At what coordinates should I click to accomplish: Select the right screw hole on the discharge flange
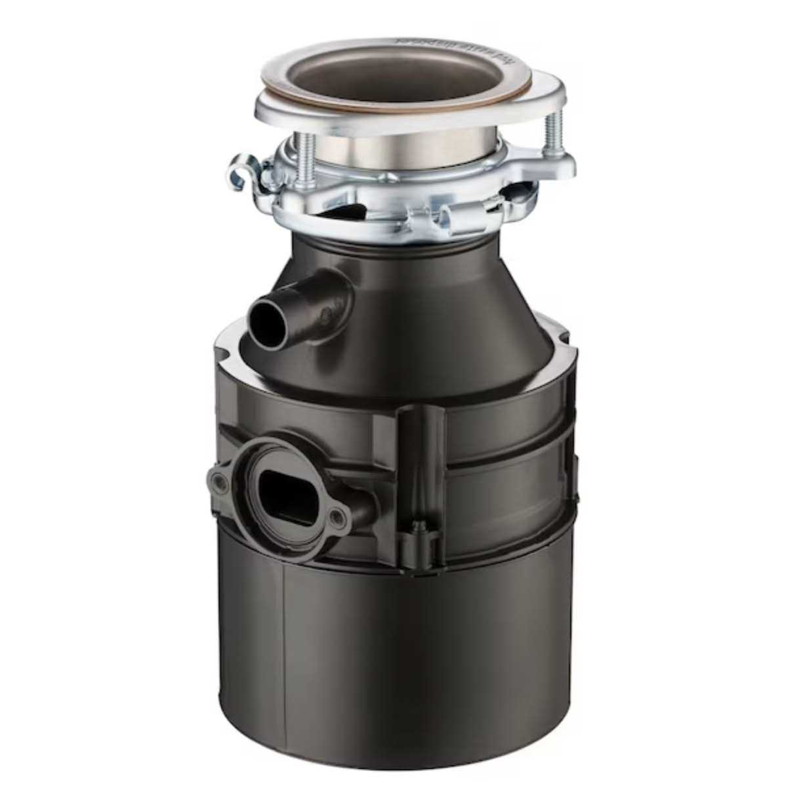337,520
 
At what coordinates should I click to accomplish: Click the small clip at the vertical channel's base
417,530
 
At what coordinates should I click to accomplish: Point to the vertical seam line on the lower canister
283,650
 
